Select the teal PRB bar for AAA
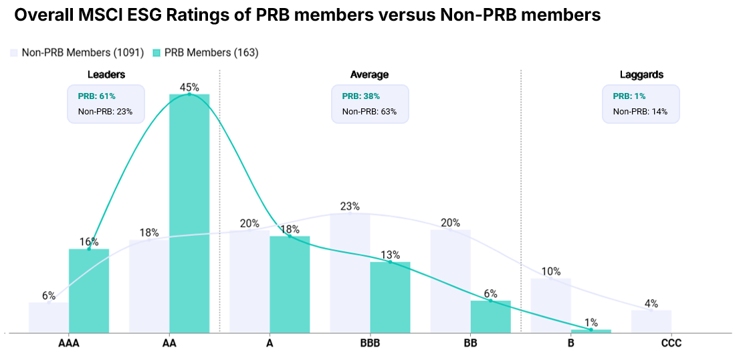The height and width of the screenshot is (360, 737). (x=89, y=290)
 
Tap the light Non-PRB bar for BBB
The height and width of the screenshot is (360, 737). (x=350, y=272)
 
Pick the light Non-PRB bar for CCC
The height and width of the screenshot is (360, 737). (x=651, y=321)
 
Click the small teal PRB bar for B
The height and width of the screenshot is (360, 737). (x=591, y=331)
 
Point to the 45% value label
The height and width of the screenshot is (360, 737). (x=189, y=87)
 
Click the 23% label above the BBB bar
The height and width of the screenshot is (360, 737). (x=350, y=206)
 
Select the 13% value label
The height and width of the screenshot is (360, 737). (x=390, y=254)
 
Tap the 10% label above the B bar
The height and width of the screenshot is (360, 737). (x=551, y=271)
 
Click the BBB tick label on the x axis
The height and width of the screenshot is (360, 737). (x=370, y=343)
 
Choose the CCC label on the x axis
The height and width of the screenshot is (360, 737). (x=671, y=343)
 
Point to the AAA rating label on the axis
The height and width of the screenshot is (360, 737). (x=69, y=343)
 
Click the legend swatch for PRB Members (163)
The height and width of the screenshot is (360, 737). (x=156, y=52)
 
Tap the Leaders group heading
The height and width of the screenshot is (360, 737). (x=106, y=74)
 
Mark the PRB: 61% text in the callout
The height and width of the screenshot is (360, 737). (x=97, y=96)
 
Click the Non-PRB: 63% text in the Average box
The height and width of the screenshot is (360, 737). (x=369, y=112)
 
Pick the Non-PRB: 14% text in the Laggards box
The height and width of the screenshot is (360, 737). (x=640, y=112)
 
